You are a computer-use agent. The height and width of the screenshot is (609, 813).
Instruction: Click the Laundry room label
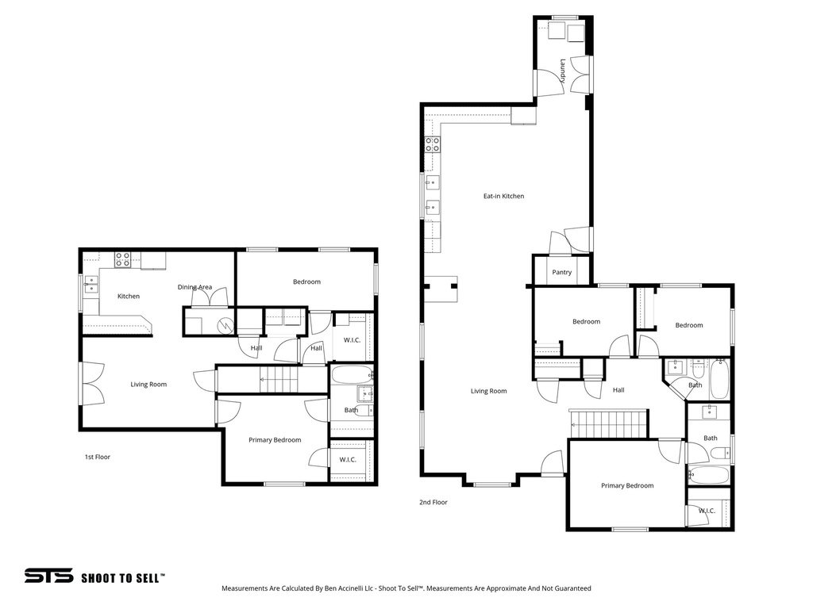(x=562, y=71)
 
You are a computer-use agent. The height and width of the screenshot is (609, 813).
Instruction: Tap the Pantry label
(x=562, y=272)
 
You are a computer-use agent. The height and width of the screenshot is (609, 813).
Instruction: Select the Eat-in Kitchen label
(x=504, y=196)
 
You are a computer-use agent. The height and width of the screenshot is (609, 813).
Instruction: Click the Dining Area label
(x=195, y=287)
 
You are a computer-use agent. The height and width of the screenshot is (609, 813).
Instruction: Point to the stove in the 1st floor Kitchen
(x=122, y=259)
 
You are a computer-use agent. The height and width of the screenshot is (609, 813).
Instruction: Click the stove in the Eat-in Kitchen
(x=433, y=144)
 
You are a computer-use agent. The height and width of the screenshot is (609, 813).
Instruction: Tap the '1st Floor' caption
(x=98, y=457)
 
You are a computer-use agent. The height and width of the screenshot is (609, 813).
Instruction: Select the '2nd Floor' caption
(x=433, y=502)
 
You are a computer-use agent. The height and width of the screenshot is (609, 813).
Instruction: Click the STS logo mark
(x=48, y=576)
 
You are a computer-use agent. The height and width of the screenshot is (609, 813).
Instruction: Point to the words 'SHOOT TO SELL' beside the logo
(x=123, y=578)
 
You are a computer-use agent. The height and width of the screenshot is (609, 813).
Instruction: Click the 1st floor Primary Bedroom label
(x=275, y=440)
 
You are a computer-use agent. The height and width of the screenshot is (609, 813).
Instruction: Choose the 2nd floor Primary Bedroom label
(x=627, y=485)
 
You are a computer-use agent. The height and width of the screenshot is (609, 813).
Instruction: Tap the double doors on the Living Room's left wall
(x=90, y=385)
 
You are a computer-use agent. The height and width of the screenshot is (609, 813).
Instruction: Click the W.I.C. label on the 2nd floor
(x=707, y=511)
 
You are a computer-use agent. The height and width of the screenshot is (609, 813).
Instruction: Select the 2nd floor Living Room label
(x=488, y=391)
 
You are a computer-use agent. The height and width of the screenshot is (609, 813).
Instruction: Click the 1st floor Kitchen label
(x=129, y=296)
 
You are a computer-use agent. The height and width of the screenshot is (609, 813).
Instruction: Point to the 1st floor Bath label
(x=351, y=410)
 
